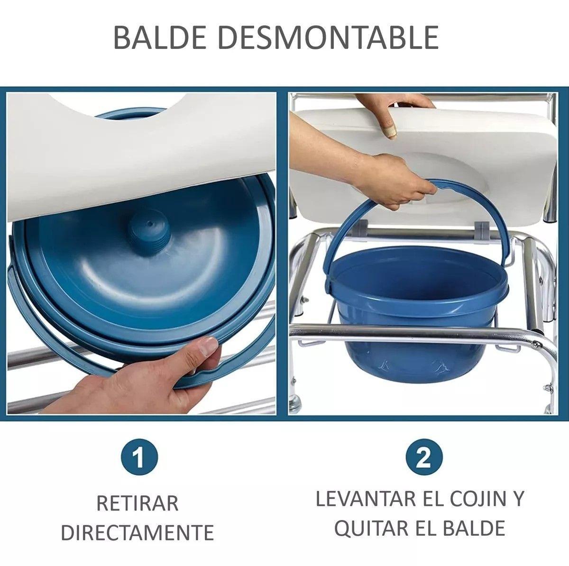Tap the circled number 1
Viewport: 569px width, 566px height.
tap(139, 459)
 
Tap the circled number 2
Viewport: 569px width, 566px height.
tap(423, 459)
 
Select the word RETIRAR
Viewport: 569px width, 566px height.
tap(138, 503)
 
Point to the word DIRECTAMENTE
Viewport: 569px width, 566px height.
tap(138, 532)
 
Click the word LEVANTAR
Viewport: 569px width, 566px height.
tap(365, 500)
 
